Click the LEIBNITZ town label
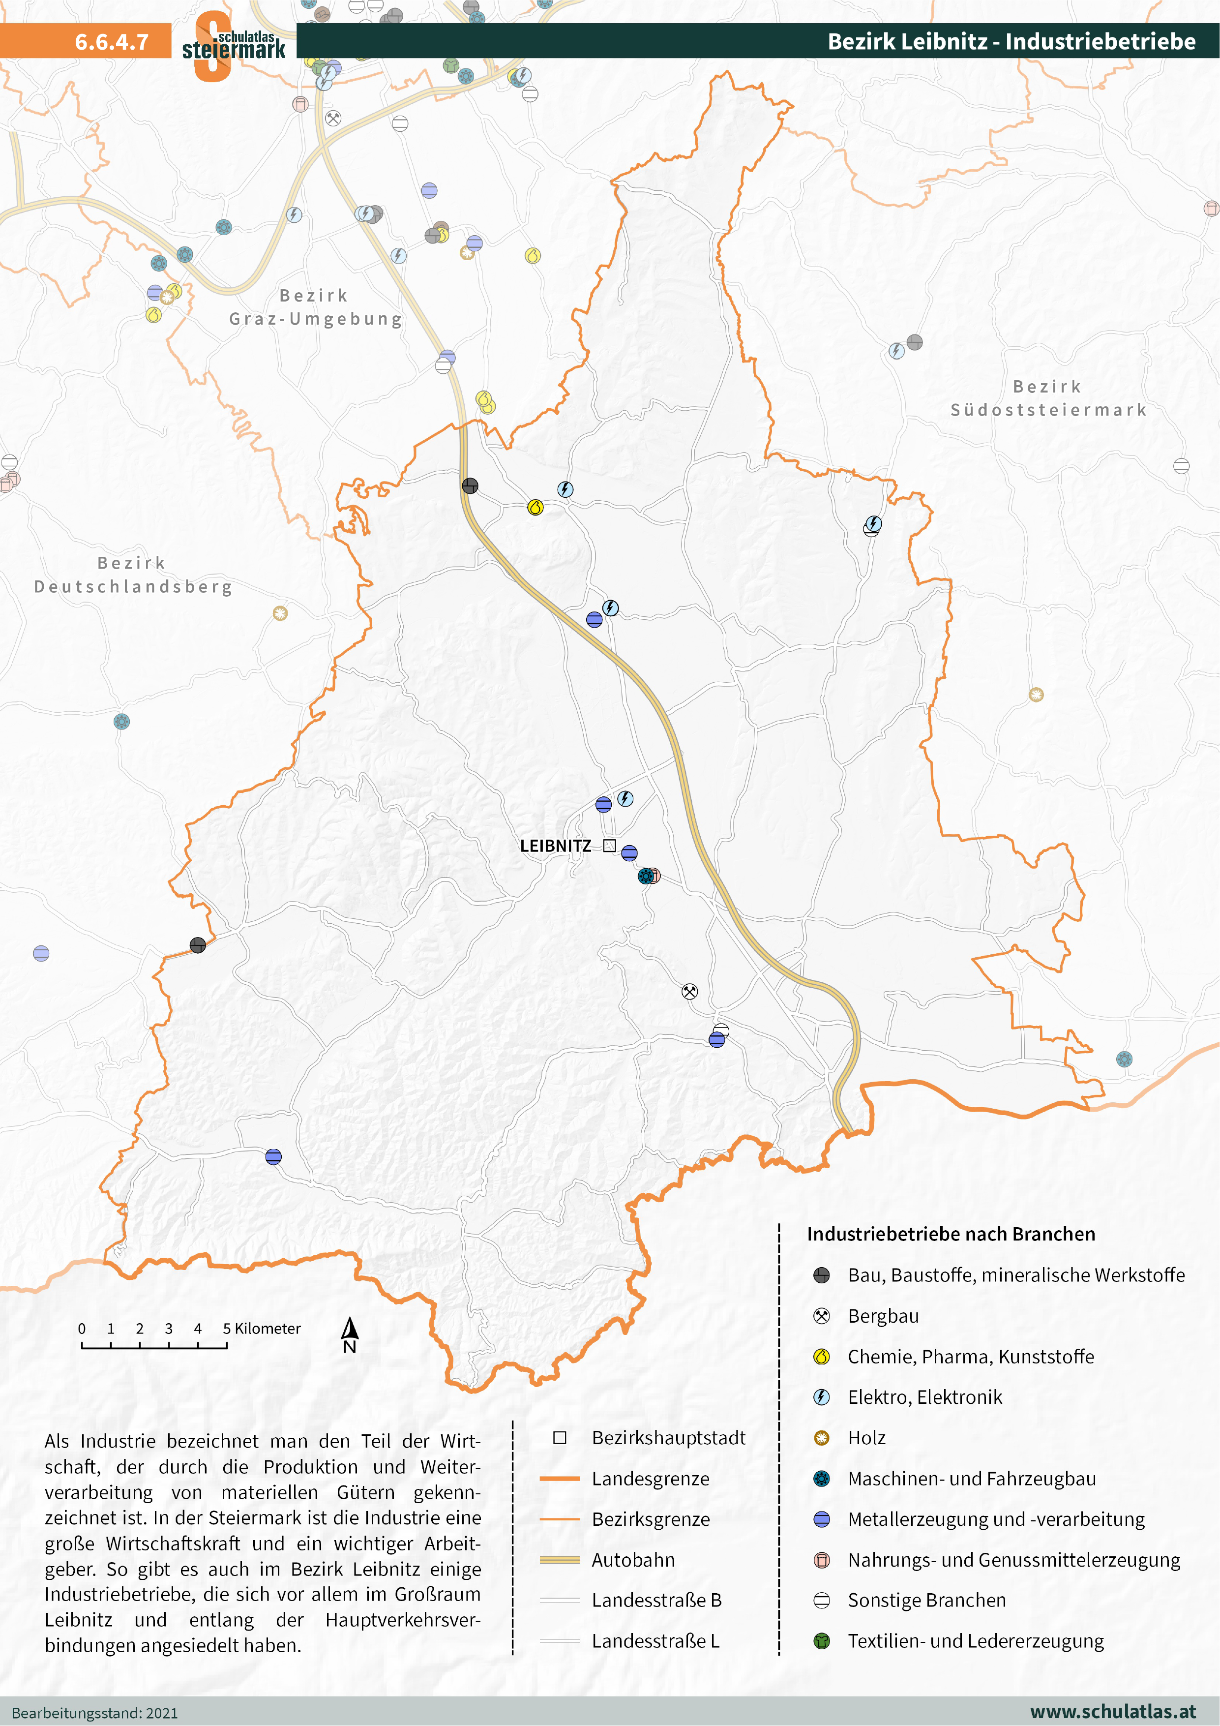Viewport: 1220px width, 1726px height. coord(556,846)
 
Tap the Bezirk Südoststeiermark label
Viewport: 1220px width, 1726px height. coord(1048,398)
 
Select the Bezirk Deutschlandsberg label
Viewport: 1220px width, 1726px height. coord(133,575)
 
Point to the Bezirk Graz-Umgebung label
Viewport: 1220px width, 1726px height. coord(316,307)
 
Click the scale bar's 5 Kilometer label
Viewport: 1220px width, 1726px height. coord(262,1329)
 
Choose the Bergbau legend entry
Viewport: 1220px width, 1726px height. coord(883,1316)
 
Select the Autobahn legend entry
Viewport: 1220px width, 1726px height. coord(633,1560)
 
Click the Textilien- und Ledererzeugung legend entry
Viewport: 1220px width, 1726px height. coord(975,1641)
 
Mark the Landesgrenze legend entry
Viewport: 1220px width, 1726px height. coord(650,1479)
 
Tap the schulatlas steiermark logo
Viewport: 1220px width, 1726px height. coord(233,45)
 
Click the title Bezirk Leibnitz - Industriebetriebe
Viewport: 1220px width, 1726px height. coord(1011,41)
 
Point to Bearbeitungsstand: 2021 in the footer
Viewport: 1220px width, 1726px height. coord(95,1713)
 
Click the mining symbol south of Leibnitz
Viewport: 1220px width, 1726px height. coord(689,991)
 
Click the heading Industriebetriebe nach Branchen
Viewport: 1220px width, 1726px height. coord(951,1234)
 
